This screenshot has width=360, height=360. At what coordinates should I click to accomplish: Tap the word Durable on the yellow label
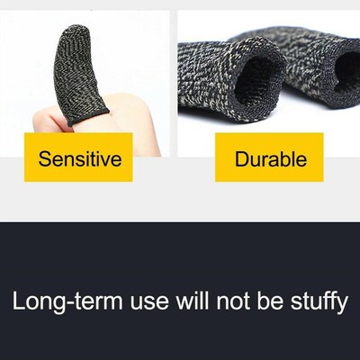pos(270,160)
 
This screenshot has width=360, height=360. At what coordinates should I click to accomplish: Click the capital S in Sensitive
pos(44,160)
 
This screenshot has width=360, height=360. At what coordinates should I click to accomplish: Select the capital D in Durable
pos(241,160)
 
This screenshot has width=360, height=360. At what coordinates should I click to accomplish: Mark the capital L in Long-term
pos(19,300)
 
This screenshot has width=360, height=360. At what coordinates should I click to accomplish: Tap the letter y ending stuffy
pos(341,302)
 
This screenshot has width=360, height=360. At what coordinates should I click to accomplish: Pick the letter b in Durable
pos(284,160)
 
